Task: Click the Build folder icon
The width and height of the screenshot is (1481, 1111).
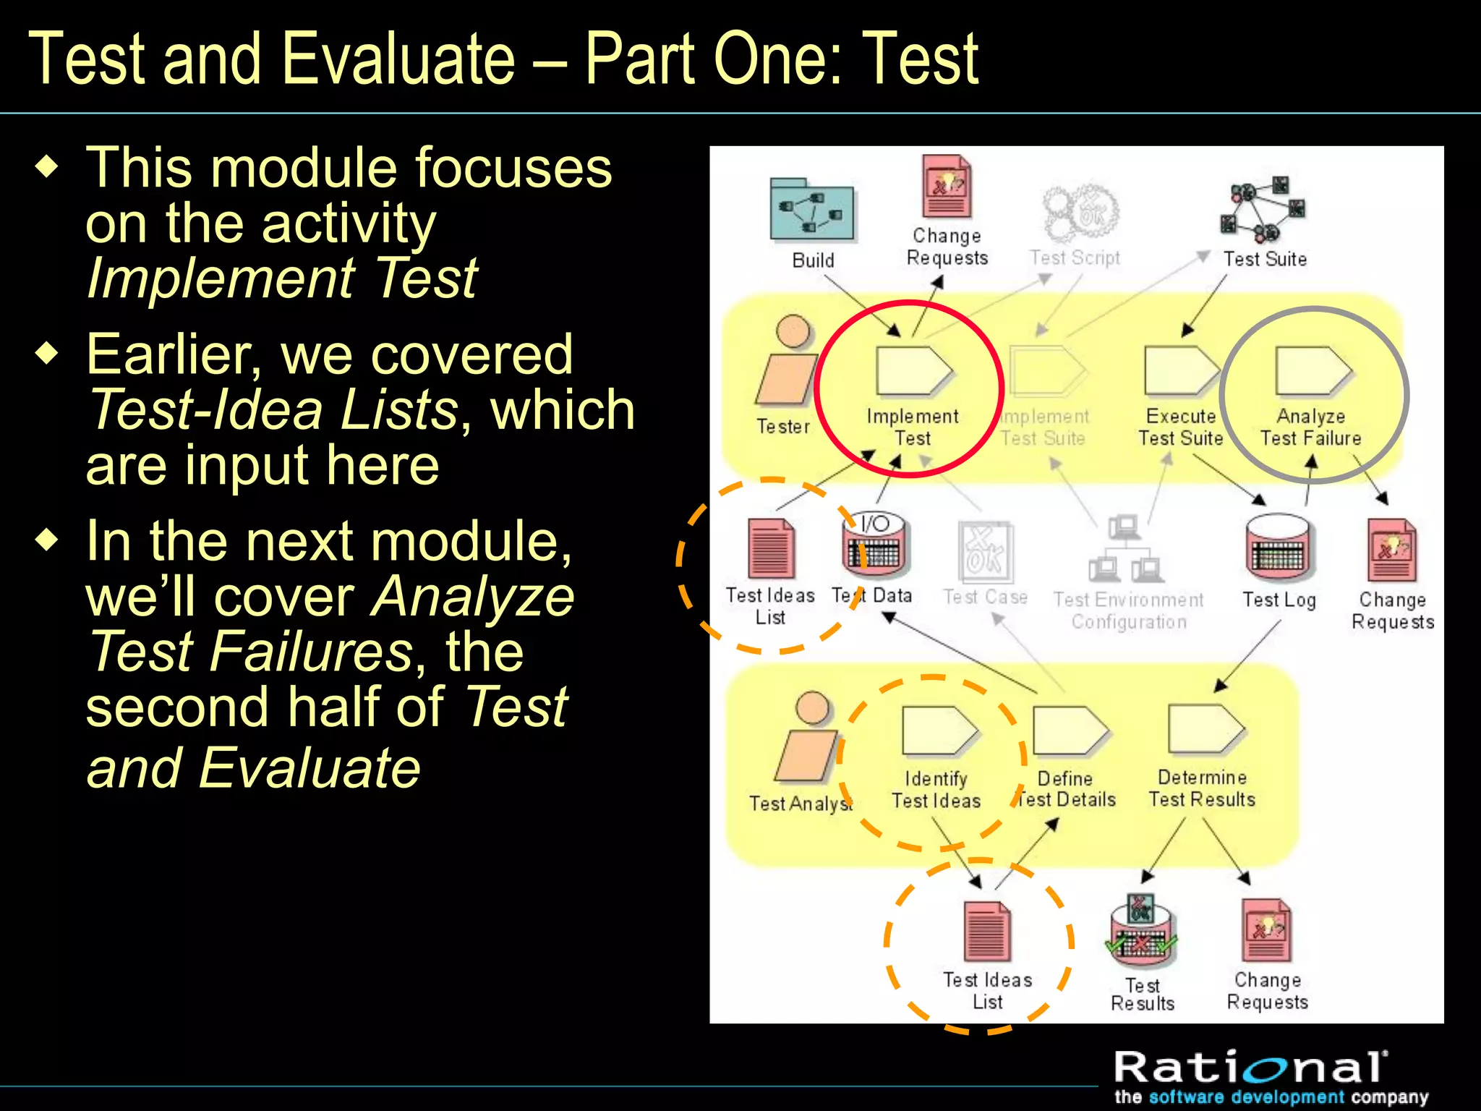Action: click(811, 210)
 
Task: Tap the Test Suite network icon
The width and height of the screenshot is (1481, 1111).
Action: click(1262, 210)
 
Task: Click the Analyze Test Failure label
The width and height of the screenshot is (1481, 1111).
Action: click(1310, 427)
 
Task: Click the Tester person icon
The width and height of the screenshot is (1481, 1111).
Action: click(788, 362)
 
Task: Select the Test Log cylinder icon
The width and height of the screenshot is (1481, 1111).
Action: click(1279, 549)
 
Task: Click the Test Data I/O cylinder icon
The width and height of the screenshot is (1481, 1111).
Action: click(875, 546)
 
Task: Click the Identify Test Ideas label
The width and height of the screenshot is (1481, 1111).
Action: click(936, 789)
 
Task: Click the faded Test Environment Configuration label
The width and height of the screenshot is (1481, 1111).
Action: click(1128, 610)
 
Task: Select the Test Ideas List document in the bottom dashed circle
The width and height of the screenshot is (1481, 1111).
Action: click(987, 932)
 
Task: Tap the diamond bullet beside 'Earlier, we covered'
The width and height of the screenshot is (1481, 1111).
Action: click(48, 354)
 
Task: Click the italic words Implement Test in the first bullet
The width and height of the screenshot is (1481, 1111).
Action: click(281, 278)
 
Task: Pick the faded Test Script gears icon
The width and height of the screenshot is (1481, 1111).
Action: click(1080, 213)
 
